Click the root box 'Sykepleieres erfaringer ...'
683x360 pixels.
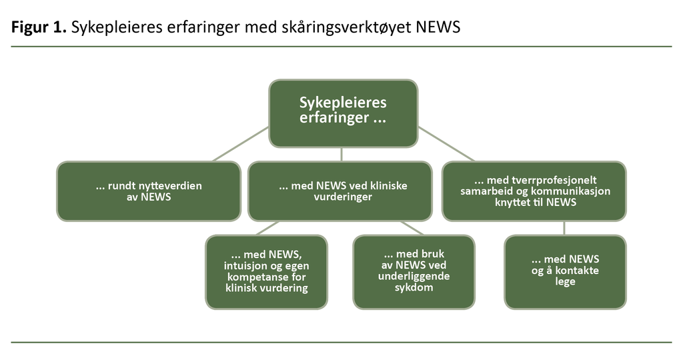pos(343,113)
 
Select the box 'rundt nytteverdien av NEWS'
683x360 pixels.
pos(148,191)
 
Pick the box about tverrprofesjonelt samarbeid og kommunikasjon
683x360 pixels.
pos(534,191)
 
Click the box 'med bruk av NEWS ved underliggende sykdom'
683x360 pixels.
pos(414,272)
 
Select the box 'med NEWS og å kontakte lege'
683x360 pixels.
pos(565,272)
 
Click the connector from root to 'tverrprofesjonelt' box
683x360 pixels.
pos(446,143)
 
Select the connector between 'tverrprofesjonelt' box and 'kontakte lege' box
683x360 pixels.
pos(565,228)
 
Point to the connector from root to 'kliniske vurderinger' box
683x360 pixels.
pos(342,155)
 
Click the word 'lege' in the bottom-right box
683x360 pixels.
pos(565,282)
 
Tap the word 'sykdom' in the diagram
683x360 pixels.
pos(414,288)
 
